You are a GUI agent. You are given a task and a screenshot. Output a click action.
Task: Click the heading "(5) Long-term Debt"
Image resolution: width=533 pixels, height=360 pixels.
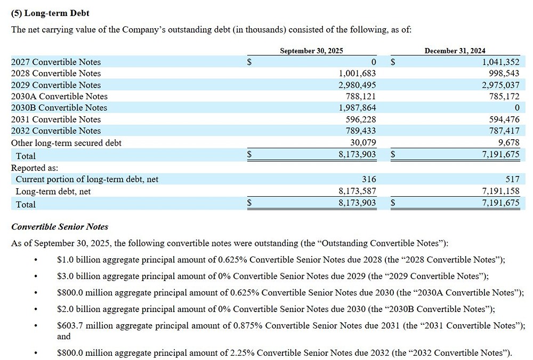click(x=50, y=13)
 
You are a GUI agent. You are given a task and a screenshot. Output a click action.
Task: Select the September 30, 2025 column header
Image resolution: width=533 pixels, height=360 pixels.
click(x=311, y=51)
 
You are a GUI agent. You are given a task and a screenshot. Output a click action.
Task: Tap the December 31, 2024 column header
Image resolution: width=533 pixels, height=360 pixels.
click(x=455, y=51)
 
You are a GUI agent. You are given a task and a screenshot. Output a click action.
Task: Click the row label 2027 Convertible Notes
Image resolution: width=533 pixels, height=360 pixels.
click(x=56, y=62)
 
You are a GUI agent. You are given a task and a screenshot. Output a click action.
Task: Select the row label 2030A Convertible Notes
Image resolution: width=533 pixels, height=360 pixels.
click(x=59, y=97)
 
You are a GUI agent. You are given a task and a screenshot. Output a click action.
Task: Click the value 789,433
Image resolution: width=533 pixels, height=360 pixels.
click(x=361, y=131)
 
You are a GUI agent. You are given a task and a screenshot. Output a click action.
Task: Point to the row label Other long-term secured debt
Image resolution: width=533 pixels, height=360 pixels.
click(x=66, y=143)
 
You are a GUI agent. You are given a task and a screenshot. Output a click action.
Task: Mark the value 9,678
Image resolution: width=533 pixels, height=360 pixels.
click(x=508, y=143)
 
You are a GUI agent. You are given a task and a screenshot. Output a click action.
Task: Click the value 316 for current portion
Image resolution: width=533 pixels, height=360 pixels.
click(x=368, y=179)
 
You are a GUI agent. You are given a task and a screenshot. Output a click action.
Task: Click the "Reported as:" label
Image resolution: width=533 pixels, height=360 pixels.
click(x=35, y=167)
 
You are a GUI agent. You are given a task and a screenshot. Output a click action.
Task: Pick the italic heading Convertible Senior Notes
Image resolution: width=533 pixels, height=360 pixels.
click(x=60, y=227)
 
